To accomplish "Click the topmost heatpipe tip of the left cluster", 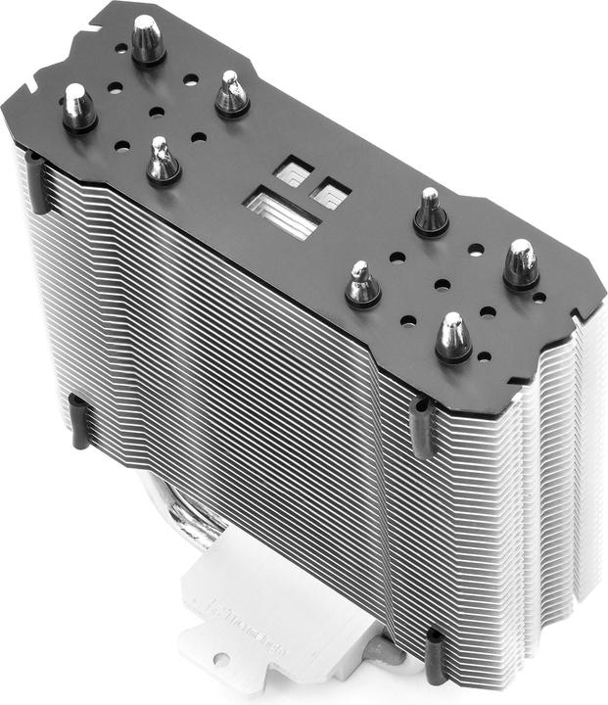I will tap(148, 39).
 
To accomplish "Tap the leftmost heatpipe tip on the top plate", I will tap(77, 106).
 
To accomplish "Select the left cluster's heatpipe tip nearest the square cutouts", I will tap(232, 93).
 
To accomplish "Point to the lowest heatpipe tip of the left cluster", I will tap(163, 160).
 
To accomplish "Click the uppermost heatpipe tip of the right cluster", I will tap(430, 210).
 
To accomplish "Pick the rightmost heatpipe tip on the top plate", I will tap(520, 263).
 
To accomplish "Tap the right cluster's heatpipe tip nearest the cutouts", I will tap(361, 284).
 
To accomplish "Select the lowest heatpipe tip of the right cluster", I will tap(453, 337).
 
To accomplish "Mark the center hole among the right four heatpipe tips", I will tap(442, 285).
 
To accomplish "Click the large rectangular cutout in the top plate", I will tap(282, 212).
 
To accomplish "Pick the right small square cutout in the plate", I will tap(330, 190).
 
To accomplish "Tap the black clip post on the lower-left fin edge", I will tap(79, 420).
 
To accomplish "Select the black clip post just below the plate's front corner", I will tap(421, 428).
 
